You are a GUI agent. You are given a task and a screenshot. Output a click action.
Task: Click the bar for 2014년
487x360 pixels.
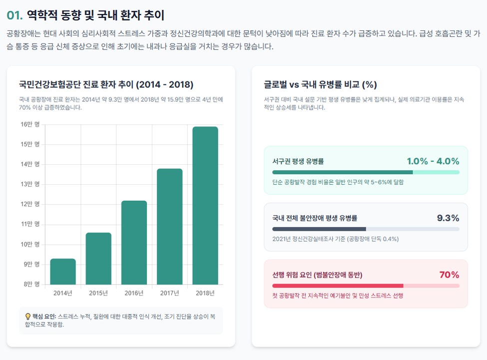tap(63, 272)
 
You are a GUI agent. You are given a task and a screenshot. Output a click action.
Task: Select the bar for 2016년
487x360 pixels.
tap(134, 243)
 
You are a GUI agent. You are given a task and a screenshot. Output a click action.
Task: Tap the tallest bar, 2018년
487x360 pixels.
tap(205, 205)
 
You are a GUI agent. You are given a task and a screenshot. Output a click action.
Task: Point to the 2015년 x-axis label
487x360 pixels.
tap(98, 293)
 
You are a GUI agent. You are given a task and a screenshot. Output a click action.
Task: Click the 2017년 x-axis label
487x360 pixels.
tap(170, 293)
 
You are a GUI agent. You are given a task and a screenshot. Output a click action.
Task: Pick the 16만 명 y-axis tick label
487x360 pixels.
tap(30, 124)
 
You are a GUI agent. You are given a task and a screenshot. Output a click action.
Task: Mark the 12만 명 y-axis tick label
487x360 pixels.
tap(30, 204)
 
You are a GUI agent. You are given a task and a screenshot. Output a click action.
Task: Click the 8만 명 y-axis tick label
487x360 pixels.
tap(31, 284)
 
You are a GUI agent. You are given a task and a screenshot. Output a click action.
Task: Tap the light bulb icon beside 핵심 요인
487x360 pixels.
tap(28, 317)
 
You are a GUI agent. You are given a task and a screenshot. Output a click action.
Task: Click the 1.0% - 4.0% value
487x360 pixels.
tap(433, 161)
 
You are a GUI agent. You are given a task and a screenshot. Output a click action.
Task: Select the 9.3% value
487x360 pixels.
tap(448, 218)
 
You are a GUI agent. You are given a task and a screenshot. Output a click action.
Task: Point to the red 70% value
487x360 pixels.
tap(449, 275)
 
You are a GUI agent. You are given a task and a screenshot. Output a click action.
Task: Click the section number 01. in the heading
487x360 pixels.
tap(14, 15)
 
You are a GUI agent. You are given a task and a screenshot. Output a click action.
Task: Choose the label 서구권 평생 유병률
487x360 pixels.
tap(298, 161)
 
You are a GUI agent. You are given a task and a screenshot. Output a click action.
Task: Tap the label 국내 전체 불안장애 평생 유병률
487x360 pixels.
tap(315, 218)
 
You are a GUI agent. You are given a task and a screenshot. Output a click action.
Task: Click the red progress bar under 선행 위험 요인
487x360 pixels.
tap(338, 286)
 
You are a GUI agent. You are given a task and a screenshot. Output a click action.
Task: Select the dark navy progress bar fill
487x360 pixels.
tap(319, 229)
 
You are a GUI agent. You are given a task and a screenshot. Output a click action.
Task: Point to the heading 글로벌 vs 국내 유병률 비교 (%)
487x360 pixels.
tap(320, 84)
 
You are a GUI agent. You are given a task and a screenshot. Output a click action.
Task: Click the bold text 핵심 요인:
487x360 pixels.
tap(44, 317)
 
